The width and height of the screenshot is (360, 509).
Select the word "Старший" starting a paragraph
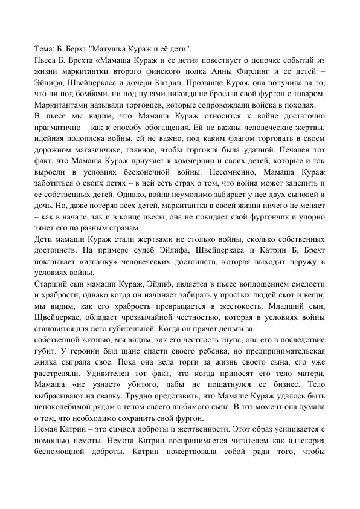(x=50, y=284)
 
